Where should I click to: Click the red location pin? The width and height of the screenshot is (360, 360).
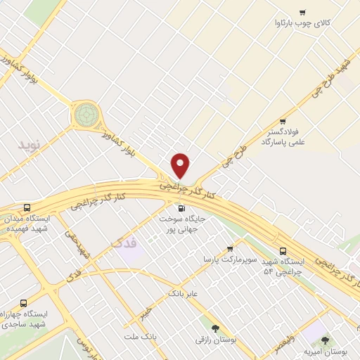click(x=181, y=165)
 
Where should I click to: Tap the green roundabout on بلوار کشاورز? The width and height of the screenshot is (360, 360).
click(x=86, y=115)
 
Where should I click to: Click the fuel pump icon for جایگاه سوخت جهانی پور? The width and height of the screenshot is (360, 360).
click(x=181, y=207)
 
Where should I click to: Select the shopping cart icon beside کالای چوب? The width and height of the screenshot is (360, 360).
click(x=303, y=12)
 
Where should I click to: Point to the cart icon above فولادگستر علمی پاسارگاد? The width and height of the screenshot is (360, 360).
click(x=283, y=121)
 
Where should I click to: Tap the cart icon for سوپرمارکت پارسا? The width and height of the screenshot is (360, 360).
click(x=230, y=249)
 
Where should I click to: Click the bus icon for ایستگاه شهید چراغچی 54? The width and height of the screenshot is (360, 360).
click(x=283, y=250)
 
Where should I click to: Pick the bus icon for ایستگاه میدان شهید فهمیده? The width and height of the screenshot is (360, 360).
click(x=27, y=208)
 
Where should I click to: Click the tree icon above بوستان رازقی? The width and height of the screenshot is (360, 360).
click(x=215, y=328)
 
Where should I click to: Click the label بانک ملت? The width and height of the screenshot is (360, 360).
click(x=139, y=337)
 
